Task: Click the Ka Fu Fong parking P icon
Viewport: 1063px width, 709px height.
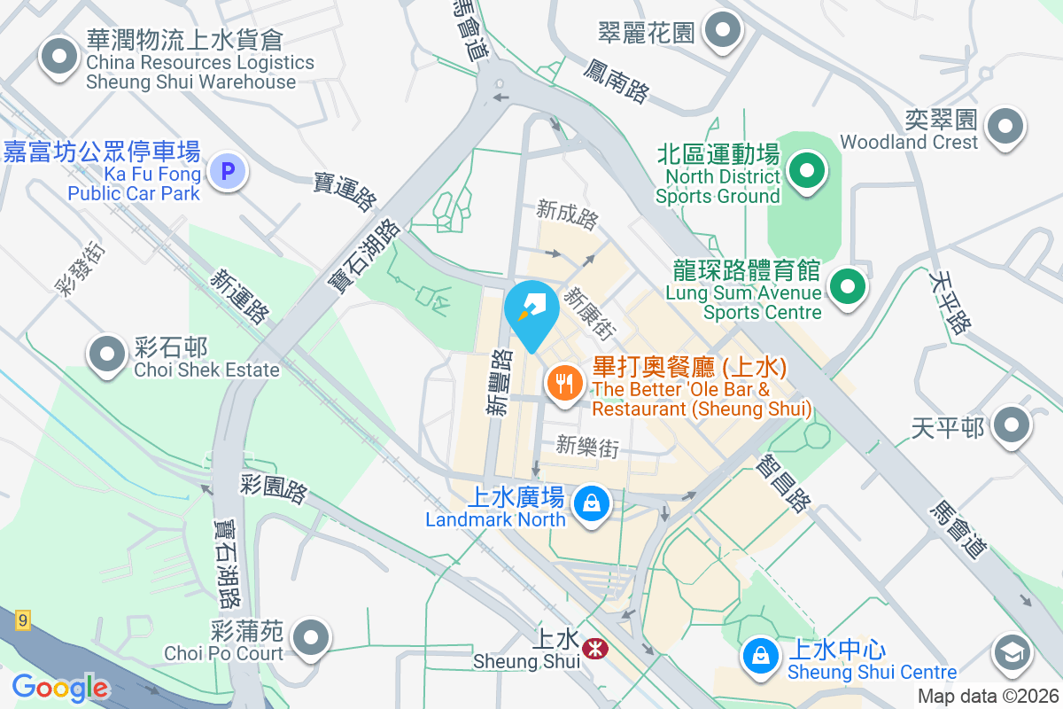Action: coord(228,171)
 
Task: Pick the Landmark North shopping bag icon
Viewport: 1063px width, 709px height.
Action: coord(591,505)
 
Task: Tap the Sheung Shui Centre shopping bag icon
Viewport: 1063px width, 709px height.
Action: coord(760,655)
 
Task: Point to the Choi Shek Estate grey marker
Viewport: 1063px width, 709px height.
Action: coord(108,354)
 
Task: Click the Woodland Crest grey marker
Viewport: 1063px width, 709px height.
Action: coord(1005,127)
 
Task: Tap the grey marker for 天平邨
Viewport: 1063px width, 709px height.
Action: coord(1011,426)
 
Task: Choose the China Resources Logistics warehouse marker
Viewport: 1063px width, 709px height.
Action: coord(60,57)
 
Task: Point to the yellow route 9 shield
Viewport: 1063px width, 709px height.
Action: coord(22,620)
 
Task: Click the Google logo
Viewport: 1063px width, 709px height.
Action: coord(59,687)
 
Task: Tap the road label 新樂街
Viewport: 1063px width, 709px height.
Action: coord(587,447)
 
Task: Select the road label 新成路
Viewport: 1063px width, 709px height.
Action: coord(567,213)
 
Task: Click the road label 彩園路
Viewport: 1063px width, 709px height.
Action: coord(272,488)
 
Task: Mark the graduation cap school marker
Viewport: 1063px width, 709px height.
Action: coord(1011,654)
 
